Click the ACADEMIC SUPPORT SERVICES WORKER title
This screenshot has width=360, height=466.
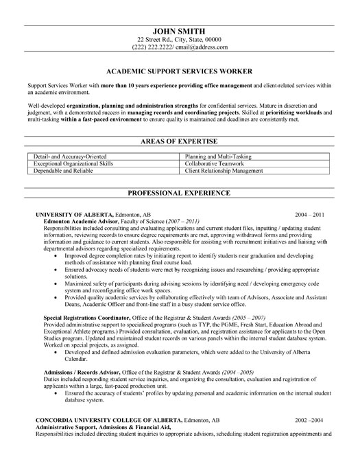click(x=180, y=70)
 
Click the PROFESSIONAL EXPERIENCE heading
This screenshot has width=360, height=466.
click(x=180, y=194)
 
